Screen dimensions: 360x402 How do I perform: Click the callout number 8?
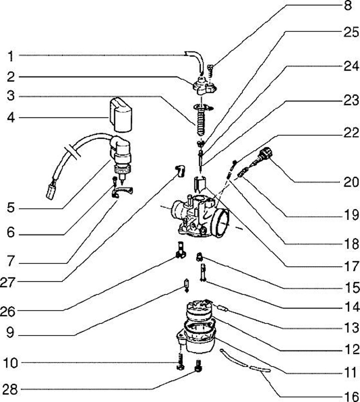347,5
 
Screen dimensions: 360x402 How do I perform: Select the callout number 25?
351,32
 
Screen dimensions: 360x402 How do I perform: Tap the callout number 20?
351,182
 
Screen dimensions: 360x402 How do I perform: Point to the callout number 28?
10,389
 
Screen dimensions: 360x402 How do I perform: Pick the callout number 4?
11,118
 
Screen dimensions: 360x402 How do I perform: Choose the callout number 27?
7,282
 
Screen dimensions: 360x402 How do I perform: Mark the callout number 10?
10,363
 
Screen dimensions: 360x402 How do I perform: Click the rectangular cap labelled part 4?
121,115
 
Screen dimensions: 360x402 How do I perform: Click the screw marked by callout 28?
198,366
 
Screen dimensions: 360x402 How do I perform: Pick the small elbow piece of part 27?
180,171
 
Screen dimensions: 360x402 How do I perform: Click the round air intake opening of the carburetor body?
220,222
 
